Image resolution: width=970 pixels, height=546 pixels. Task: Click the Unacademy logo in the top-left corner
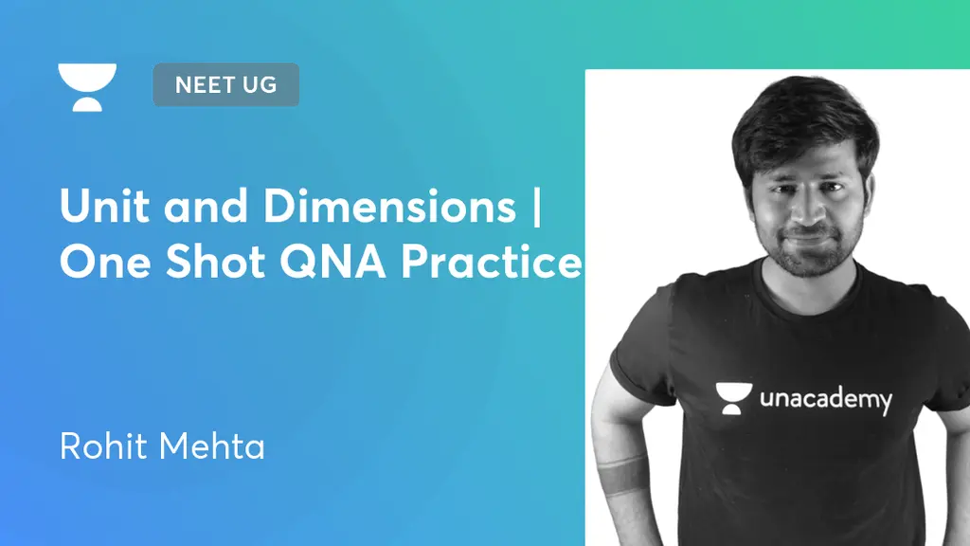[x=87, y=87]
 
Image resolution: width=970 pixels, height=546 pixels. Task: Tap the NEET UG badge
[x=225, y=84]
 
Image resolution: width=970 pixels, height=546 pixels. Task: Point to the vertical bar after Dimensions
[x=537, y=208]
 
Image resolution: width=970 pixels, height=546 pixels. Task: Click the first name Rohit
[x=101, y=446]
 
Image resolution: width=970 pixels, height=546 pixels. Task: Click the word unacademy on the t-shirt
[x=825, y=398]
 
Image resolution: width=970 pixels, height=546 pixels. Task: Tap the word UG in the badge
[x=258, y=84]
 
